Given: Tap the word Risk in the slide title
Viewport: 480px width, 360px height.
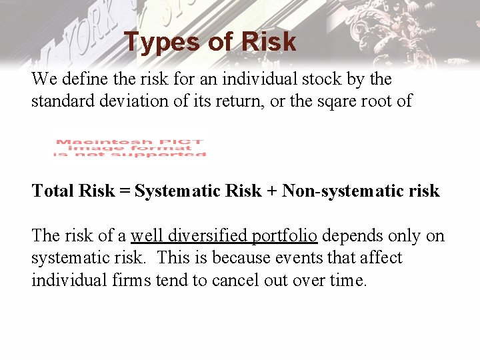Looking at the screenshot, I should coord(269,43).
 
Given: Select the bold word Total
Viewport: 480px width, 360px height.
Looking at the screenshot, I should coord(53,191).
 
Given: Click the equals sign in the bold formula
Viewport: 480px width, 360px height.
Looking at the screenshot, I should coord(125,192).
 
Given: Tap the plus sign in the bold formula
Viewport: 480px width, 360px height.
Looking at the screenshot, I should coord(272,192).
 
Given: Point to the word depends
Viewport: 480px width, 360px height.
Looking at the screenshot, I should coord(351,237).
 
